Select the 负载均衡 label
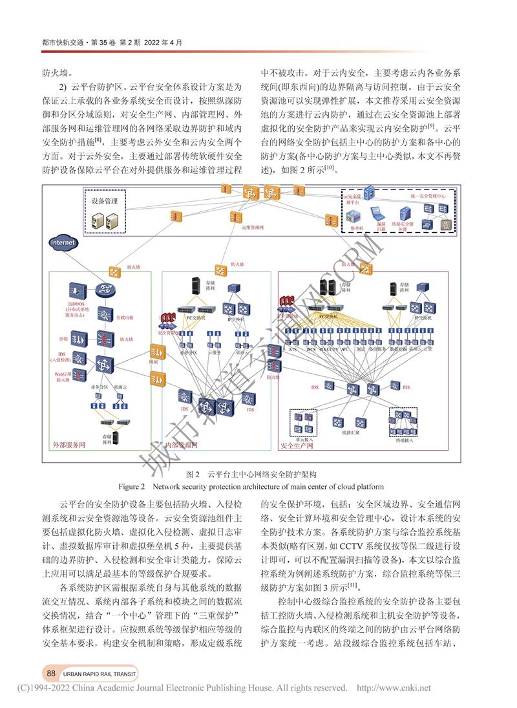tap(125, 317)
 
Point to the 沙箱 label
tap(63, 339)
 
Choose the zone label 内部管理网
tap(182, 445)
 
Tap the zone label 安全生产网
tap(297, 445)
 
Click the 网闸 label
tap(153, 363)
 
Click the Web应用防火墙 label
tap(61, 377)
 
